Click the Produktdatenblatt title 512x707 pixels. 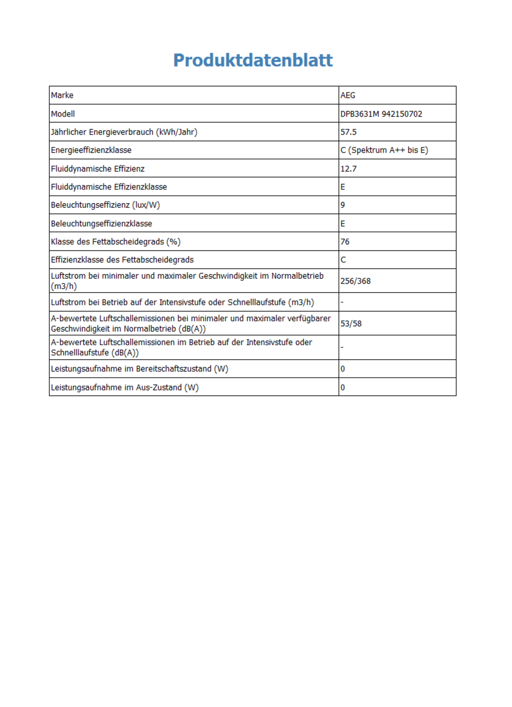pos(253,60)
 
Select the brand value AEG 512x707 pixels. pos(348,96)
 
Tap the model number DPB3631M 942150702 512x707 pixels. pos(381,114)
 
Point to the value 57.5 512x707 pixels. pos(348,132)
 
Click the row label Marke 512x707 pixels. pos(62,96)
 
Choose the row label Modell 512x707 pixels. pos(63,114)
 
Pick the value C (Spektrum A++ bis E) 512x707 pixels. pos(384,150)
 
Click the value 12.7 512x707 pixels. pos(348,169)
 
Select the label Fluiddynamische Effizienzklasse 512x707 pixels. pos(109,187)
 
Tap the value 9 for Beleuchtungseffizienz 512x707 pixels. pos(343,205)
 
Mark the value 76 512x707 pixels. pos(345,242)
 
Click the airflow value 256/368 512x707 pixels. pos(355,281)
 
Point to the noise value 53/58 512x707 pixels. pos(351,324)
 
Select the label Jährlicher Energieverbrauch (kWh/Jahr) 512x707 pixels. pos(124,132)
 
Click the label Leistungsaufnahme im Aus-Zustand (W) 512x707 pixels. pos(124,388)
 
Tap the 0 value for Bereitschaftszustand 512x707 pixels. pos(343,369)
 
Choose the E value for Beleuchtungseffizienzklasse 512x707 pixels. pos(343,224)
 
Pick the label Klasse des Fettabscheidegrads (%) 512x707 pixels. pos(116,242)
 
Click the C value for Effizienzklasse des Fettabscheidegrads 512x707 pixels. pos(343,260)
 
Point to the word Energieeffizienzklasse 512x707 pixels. pos(91,150)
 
